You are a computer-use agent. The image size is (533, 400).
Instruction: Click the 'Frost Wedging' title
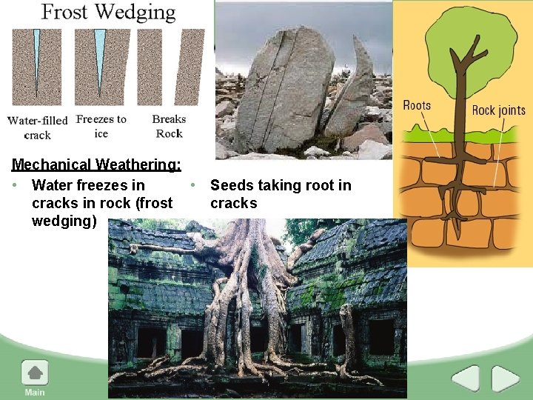(x=108, y=13)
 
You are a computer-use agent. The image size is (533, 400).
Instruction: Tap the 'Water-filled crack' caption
(x=37, y=127)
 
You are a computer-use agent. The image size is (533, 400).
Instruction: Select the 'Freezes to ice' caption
(x=101, y=126)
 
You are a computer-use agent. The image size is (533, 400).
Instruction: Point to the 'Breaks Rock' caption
(x=169, y=126)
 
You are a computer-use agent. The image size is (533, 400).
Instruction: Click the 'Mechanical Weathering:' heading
(x=96, y=164)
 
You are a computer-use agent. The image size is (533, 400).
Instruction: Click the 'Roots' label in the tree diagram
(x=417, y=105)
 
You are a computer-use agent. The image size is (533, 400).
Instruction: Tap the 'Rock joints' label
(x=498, y=110)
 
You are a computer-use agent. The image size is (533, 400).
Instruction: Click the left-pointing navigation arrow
(x=466, y=379)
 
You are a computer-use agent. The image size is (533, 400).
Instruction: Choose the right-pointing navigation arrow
(x=506, y=379)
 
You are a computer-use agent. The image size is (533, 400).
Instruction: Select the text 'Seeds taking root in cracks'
(x=281, y=194)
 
